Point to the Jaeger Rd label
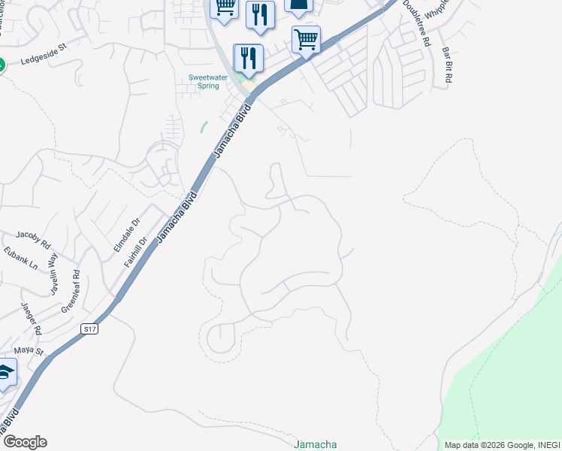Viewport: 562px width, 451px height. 32,318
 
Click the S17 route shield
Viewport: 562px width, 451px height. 89,328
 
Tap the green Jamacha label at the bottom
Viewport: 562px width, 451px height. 316,443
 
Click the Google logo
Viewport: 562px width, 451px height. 24,442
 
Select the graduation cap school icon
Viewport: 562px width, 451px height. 6,373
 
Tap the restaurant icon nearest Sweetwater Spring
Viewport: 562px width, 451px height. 248,58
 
